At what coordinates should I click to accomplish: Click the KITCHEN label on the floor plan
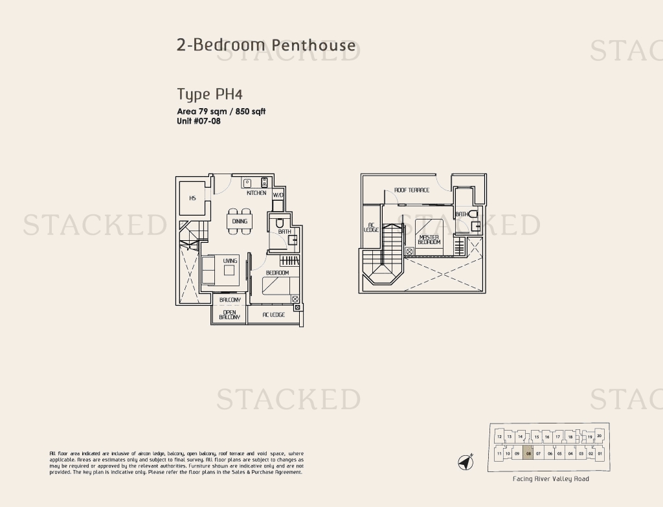[256, 193]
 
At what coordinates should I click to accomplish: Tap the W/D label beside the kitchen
[278, 195]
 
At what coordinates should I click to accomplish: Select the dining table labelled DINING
[240, 221]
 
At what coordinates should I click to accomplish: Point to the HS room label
[192, 198]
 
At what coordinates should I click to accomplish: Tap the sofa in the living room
[208, 270]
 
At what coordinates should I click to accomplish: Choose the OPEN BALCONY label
[229, 315]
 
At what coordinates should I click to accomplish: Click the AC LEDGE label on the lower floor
[273, 315]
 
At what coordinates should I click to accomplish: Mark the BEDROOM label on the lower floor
[277, 273]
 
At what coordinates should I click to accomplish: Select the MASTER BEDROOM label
[429, 240]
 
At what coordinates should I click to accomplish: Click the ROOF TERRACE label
[412, 190]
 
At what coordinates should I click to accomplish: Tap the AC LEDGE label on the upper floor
[371, 227]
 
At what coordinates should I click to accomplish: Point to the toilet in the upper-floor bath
[473, 214]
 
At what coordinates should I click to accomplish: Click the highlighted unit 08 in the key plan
[528, 454]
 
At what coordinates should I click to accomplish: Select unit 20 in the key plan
[600, 436]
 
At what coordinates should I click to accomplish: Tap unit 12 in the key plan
[500, 437]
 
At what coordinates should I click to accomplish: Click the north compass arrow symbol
[466, 462]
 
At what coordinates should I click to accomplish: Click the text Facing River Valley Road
[550, 479]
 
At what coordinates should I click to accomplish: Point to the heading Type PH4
[200, 95]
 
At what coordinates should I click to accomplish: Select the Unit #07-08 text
[199, 121]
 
